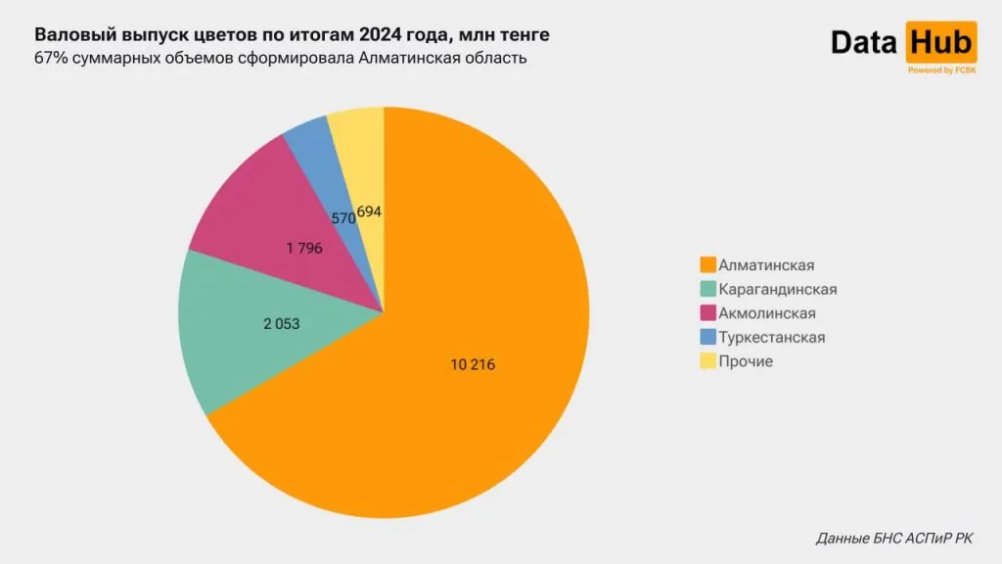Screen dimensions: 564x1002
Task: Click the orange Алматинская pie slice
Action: pyautogui.click(x=470, y=392)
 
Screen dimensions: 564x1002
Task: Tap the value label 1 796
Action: pyautogui.click(x=304, y=249)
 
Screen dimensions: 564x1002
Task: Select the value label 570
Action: pyautogui.click(x=342, y=219)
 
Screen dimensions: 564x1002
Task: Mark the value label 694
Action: pyautogui.click(x=369, y=211)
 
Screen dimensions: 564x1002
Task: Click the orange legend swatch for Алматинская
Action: pyautogui.click(x=707, y=264)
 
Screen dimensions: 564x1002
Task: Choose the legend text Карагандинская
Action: pyautogui.click(x=777, y=289)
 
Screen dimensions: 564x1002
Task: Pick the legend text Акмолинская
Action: pyautogui.click(x=766, y=313)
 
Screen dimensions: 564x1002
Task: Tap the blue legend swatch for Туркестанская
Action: pyautogui.click(x=707, y=337)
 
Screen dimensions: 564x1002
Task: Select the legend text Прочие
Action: pyautogui.click(x=746, y=361)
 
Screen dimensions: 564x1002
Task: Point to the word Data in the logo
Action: pyautogui.click(x=864, y=43)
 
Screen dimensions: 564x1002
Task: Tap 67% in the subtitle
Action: pyautogui.click(x=50, y=58)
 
